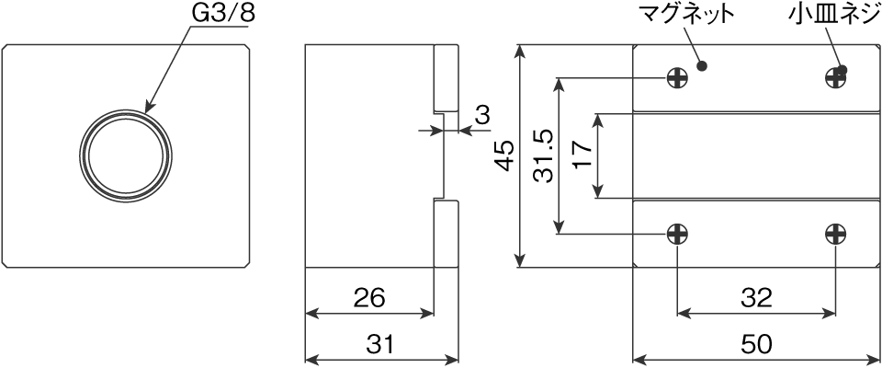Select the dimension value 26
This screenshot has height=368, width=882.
pos(367,298)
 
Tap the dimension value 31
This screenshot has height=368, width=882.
pos(380,345)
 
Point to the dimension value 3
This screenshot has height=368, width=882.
pos(481,116)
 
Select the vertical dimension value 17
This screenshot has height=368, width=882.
pos(581,155)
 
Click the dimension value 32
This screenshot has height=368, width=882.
pos(755,298)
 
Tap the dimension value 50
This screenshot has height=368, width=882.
pos(755,345)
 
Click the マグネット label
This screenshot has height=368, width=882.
pos(687,15)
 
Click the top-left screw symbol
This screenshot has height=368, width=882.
pos(677,78)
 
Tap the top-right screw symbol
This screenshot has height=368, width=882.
pos(835,78)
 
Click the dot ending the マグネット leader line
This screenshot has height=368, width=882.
pos(703,66)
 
